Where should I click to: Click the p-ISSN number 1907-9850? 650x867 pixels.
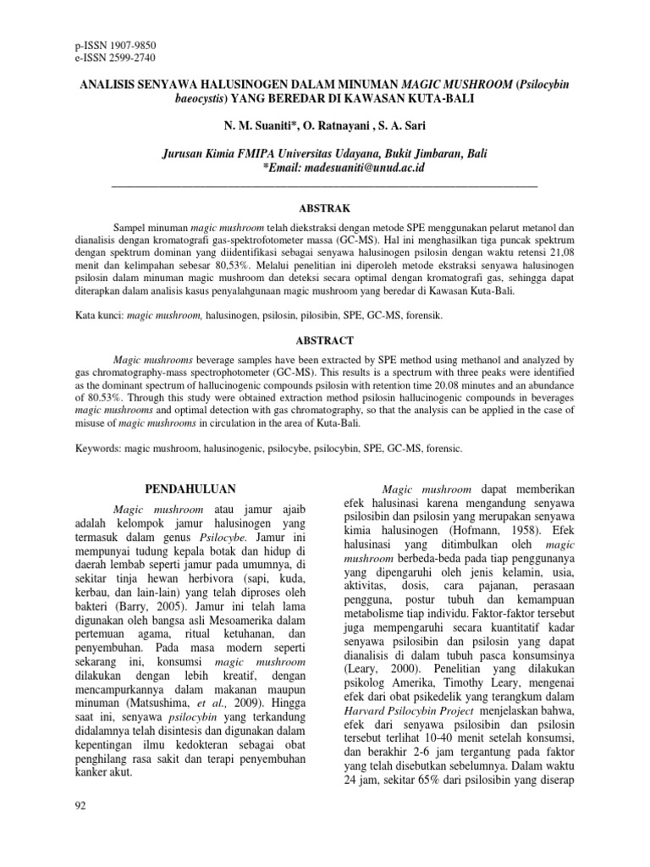click(x=129, y=44)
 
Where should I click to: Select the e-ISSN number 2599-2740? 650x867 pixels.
click(x=129, y=57)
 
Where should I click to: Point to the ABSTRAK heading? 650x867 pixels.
click(x=325, y=207)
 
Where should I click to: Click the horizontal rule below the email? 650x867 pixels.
click(x=325, y=184)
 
